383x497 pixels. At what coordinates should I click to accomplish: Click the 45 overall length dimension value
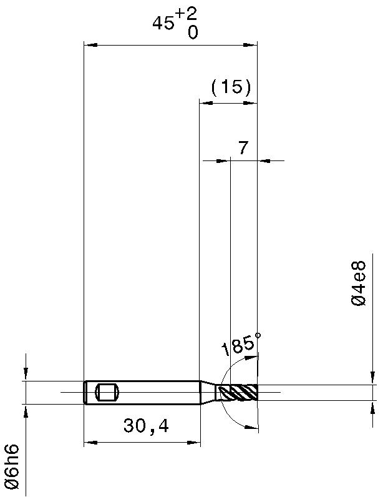(163, 23)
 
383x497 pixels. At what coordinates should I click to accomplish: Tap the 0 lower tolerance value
(193, 32)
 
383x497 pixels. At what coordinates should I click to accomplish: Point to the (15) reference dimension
(231, 87)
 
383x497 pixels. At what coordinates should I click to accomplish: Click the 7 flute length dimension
(243, 148)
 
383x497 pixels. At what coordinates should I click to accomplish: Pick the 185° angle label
(241, 345)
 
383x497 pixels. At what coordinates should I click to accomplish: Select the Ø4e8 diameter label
(359, 283)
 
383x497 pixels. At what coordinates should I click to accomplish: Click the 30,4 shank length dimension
(146, 426)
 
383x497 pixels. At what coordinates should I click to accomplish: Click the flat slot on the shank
(107, 392)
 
